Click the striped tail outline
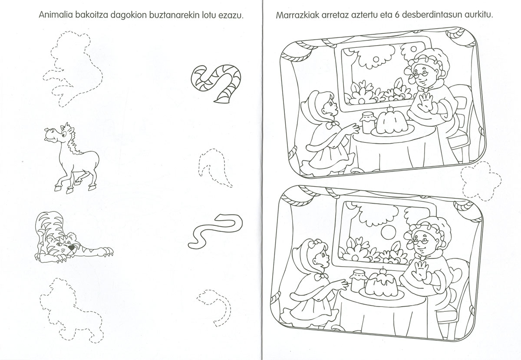216,83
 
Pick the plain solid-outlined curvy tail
215,231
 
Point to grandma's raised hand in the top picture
425,103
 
